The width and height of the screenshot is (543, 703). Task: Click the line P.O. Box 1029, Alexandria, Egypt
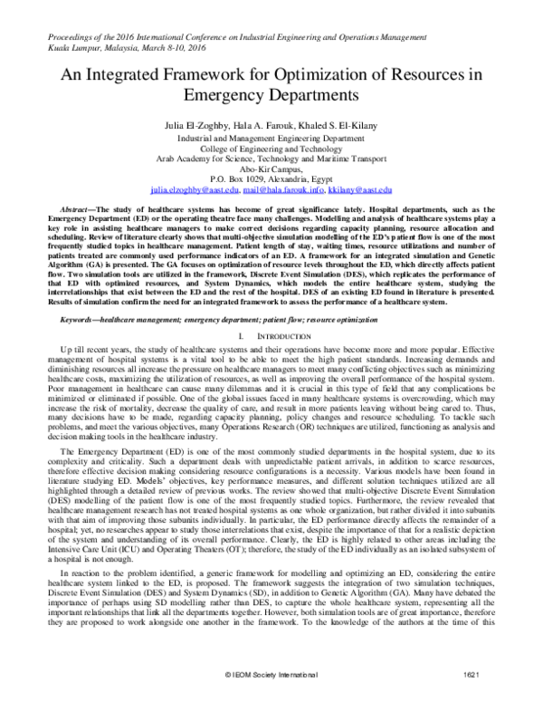[x=271, y=179]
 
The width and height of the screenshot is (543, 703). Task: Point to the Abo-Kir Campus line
[x=271, y=169]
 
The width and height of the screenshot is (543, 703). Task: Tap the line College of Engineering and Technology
[x=271, y=147]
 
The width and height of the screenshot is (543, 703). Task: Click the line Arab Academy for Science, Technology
[x=271, y=158]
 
